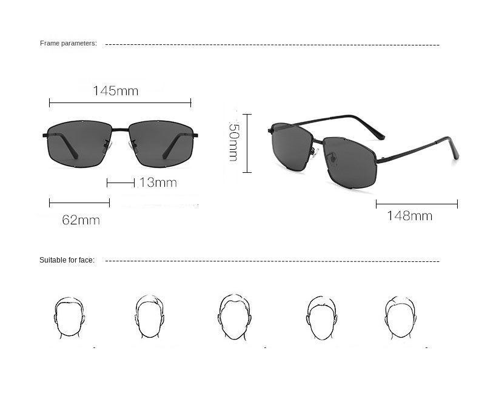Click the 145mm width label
115,91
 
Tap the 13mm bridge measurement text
158,183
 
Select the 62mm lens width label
81,220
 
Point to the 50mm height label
233,141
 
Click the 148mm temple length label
410,216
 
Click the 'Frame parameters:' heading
69,44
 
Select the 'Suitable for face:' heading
67,260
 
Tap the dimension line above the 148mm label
417,204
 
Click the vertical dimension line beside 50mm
247,143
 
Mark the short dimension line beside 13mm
121,183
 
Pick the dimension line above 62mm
79,203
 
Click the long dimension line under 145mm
120,103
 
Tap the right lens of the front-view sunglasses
161,144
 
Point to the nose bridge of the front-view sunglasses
121,130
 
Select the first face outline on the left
69,318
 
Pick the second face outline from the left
150,317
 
